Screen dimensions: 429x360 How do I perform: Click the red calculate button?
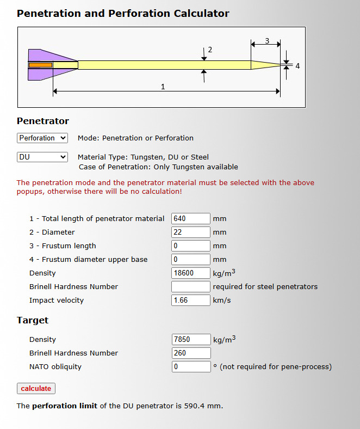point(36,388)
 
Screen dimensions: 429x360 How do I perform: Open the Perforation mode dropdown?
point(42,138)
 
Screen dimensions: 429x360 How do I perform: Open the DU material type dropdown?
point(42,157)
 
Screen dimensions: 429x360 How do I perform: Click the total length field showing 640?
point(190,218)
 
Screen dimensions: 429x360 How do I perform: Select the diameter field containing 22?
point(190,232)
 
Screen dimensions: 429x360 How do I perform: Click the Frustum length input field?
point(190,246)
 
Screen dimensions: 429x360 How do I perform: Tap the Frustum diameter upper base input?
point(190,259)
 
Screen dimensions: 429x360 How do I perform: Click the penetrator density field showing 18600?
point(190,273)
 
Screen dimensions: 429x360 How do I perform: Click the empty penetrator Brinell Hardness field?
point(190,286)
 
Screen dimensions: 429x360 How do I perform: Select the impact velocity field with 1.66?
point(190,300)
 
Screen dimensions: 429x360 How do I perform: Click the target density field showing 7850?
point(190,339)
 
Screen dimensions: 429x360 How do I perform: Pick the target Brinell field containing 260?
point(190,353)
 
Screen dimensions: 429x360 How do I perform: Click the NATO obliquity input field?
point(190,366)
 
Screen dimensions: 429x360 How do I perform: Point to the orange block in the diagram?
point(40,65)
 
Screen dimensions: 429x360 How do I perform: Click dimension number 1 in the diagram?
point(163,86)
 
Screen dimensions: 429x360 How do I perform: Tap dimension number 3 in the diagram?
point(267,41)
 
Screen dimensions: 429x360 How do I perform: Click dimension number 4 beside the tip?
point(297,66)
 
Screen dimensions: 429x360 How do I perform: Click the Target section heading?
point(33,320)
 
